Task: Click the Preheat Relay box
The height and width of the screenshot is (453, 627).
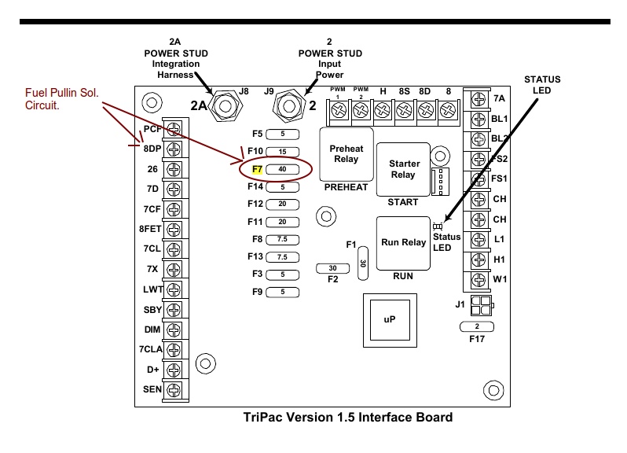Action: point(345,154)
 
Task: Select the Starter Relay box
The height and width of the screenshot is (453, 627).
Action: point(404,169)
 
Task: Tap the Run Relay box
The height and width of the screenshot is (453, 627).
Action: point(403,243)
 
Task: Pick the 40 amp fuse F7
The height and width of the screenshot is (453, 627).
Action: point(282,168)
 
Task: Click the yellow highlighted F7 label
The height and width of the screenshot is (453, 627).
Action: point(256,168)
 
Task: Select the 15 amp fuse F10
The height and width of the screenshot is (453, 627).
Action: point(282,151)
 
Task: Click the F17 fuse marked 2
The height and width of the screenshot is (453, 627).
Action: point(477,325)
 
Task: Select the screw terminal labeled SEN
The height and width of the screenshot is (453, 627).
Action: point(174,389)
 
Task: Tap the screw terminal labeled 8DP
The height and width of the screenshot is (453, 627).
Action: point(174,148)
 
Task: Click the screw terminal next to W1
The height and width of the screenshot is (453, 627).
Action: point(477,278)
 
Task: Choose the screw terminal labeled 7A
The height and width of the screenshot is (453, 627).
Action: point(477,100)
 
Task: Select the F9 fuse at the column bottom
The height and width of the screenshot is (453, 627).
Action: point(282,292)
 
